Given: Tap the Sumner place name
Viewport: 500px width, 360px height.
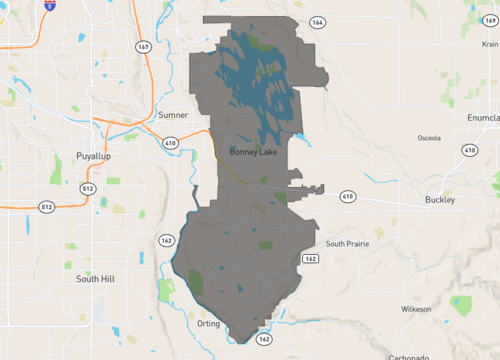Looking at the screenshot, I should pos(172,115).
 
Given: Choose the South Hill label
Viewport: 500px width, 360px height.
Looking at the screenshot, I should pos(95,279).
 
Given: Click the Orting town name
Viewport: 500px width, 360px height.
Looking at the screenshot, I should pos(208,324).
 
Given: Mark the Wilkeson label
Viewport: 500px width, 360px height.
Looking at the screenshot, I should pos(415,309).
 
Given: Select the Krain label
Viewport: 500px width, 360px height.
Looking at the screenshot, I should pos(488,30).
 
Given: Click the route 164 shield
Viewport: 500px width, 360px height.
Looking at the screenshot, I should pos(317,22).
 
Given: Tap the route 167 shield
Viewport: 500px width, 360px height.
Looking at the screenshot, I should pos(144,46).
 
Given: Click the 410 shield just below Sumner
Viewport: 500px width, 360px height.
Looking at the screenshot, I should pos(171,142).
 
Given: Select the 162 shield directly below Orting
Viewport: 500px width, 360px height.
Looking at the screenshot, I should pos(263,340).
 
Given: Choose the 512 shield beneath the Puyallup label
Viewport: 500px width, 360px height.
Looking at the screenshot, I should pos(87,187).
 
